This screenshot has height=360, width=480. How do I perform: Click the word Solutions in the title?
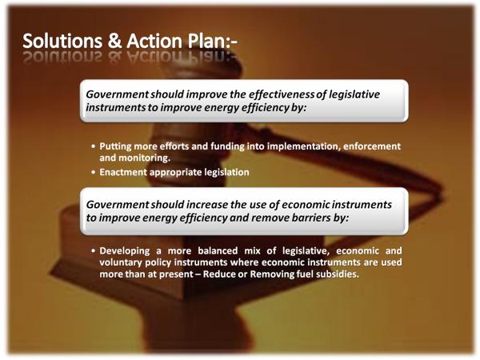(62, 41)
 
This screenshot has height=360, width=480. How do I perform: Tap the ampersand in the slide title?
(114, 41)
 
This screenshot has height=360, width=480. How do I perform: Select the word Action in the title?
(154, 41)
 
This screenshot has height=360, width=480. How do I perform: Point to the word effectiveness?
(282, 94)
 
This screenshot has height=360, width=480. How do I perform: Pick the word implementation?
(304, 146)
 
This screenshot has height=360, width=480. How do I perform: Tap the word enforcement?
(372, 146)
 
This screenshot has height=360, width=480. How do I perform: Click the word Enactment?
(123, 172)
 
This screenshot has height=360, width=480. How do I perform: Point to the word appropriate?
(175, 173)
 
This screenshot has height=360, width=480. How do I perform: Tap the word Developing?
(125, 251)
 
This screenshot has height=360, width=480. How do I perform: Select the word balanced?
(218, 250)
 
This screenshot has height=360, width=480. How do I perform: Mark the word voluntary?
(121, 262)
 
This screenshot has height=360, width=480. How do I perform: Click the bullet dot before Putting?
(94, 146)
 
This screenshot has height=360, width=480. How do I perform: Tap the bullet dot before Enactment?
(94, 172)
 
